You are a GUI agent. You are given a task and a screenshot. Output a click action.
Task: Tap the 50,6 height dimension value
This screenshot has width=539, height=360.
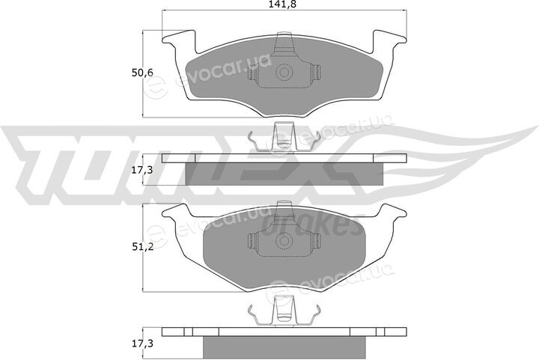pyautogui.click(x=142, y=73)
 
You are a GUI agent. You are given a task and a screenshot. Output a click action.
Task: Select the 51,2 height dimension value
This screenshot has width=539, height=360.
pyautogui.click(x=142, y=247)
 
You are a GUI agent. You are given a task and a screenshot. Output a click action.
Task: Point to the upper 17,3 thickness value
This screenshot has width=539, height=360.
pyautogui.click(x=142, y=170)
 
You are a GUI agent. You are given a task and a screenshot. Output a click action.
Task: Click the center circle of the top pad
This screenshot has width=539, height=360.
pyautogui.click(x=284, y=72)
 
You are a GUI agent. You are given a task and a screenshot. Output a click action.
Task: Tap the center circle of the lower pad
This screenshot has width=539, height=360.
pyautogui.click(x=284, y=240)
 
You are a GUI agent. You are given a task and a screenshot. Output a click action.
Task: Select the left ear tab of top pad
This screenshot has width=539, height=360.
pyautogui.click(x=179, y=40)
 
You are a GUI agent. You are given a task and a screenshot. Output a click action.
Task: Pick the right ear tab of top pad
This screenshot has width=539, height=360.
pyautogui.click(x=390, y=40)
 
